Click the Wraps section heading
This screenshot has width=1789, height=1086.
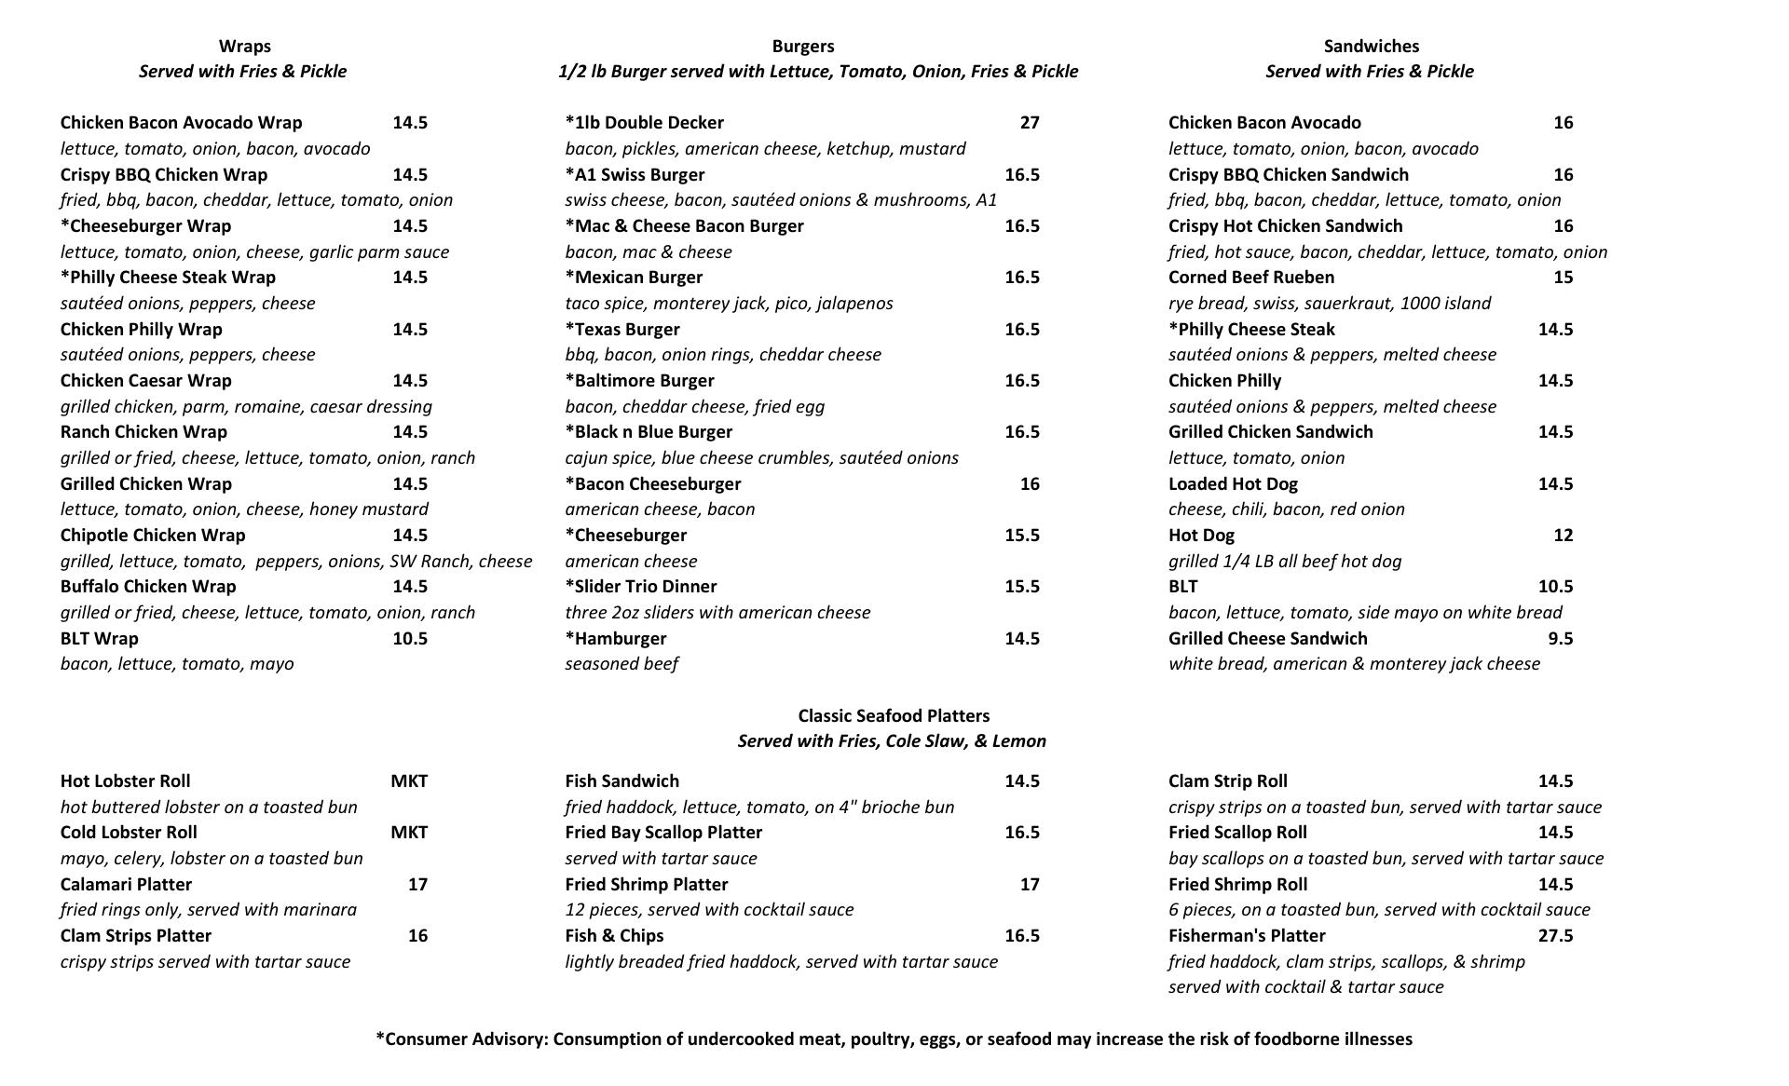pyautogui.click(x=245, y=47)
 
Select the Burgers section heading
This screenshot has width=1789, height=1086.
pyautogui.click(x=803, y=47)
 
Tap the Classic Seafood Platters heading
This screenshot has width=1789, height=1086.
pyautogui.click(x=894, y=715)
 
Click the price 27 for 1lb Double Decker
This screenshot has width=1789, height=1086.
pyautogui.click(x=1030, y=123)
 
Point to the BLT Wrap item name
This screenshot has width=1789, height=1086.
pyautogui.click(x=100, y=639)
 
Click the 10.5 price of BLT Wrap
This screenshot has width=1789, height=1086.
pyautogui.click(x=410, y=639)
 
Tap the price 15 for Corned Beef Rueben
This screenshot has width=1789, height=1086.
pyautogui.click(x=1564, y=278)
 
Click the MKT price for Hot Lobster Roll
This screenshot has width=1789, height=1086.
pyautogui.click(x=409, y=781)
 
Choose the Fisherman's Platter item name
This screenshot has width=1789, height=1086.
pyautogui.click(x=1247, y=936)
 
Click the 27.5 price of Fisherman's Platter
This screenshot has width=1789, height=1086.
pyautogui.click(x=1555, y=936)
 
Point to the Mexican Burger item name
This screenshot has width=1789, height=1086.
pyautogui.click(x=635, y=278)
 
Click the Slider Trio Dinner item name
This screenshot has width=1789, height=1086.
pyautogui.click(x=641, y=587)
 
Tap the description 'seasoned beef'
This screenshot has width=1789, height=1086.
pyautogui.click(x=621, y=664)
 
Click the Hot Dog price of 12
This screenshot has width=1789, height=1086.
pyautogui.click(x=1564, y=536)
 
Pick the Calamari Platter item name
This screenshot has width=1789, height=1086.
pyautogui.click(x=126, y=885)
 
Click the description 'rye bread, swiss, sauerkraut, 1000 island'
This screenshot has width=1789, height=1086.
pyautogui.click(x=1330, y=304)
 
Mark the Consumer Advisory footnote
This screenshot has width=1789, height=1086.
pyautogui.click(x=894, y=1039)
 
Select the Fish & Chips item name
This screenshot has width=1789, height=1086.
pyautogui.click(x=615, y=936)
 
